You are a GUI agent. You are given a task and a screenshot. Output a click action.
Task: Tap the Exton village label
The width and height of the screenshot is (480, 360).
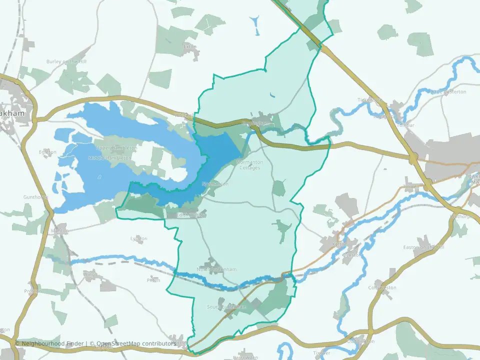(190, 46)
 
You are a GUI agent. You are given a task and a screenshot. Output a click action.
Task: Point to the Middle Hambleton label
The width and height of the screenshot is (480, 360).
(109, 158)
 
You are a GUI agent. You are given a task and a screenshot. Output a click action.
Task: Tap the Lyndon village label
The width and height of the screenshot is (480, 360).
(138, 238)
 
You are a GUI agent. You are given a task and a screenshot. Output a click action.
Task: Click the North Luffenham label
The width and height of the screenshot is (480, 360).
(216, 269)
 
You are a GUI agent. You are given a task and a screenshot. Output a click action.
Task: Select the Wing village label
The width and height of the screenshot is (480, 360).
(89, 274)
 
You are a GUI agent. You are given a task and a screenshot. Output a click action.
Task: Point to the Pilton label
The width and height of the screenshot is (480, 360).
(153, 280)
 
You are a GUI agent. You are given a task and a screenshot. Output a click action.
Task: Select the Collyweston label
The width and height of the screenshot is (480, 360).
(382, 287)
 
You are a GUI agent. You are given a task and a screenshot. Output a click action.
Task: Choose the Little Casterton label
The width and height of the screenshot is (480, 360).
(448, 92)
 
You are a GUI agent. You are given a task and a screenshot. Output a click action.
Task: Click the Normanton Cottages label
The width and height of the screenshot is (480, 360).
(249, 165)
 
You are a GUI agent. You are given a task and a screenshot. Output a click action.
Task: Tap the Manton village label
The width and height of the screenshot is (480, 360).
(59, 231)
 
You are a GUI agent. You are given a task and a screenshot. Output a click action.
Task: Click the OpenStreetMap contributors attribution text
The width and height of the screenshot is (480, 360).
(136, 343)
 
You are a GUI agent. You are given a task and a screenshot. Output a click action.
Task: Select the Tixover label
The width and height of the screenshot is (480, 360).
(321, 353)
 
